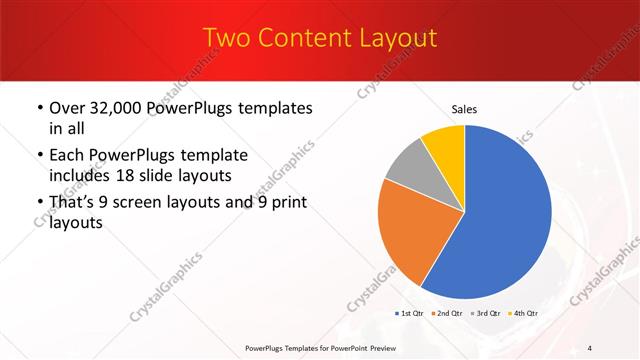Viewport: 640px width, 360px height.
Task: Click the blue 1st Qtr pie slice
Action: pyautogui.click(x=500, y=220)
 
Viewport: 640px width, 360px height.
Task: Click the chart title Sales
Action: pyautogui.click(x=465, y=108)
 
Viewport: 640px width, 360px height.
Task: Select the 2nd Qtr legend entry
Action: pyautogui.click(x=448, y=314)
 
